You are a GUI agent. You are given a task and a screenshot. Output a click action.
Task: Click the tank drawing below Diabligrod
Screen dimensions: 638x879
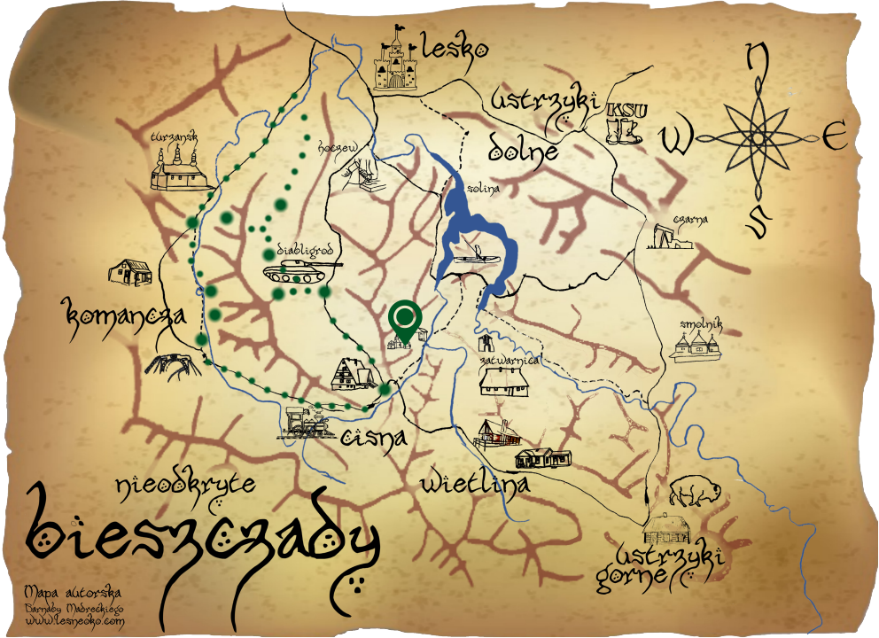tap(300, 267)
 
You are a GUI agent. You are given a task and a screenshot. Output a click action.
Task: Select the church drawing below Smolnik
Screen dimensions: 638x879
tap(696, 347)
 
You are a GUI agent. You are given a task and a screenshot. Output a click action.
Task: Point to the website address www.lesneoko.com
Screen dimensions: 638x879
tap(75, 623)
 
